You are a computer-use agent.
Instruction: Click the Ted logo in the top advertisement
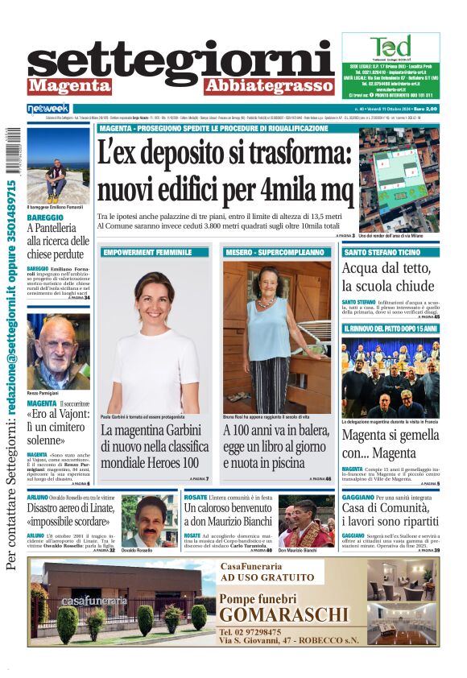[x=391, y=46]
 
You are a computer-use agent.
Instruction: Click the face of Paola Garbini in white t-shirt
[x=155, y=295]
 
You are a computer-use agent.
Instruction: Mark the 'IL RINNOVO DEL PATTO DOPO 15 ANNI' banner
[x=390, y=329]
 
